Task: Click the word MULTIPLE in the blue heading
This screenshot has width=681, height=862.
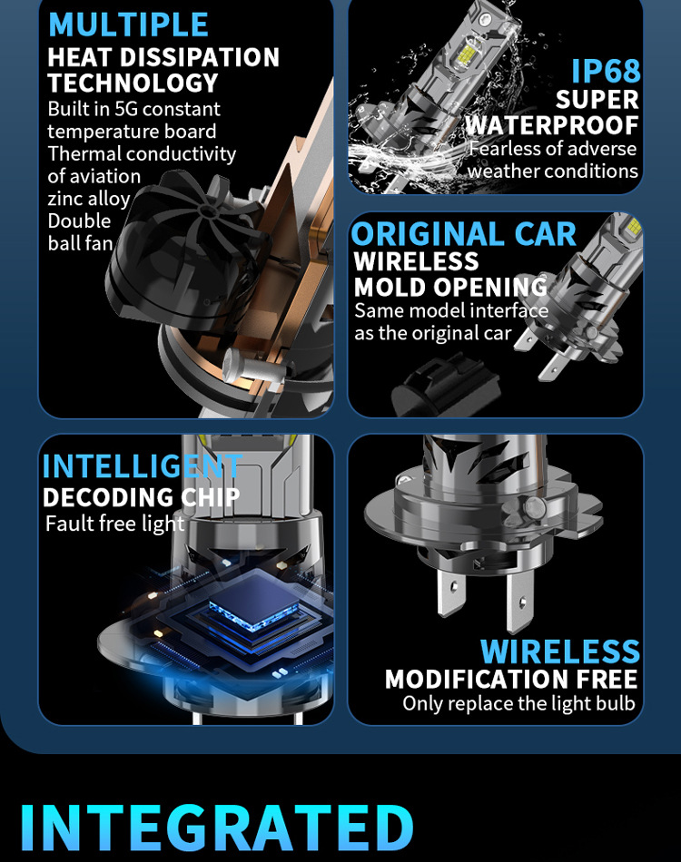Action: [x=128, y=24]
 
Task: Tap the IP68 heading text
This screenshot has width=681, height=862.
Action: [x=606, y=72]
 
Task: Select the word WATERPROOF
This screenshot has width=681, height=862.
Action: [x=552, y=125]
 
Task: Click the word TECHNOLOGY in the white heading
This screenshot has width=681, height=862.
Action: [x=133, y=83]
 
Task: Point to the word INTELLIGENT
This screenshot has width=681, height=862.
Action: [x=142, y=466]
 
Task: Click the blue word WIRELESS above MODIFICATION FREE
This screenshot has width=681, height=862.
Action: [x=560, y=652]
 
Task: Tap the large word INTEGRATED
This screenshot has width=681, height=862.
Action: [x=217, y=828]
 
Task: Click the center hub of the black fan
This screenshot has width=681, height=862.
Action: [x=207, y=211]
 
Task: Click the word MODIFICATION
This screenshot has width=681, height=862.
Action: [x=478, y=680]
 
